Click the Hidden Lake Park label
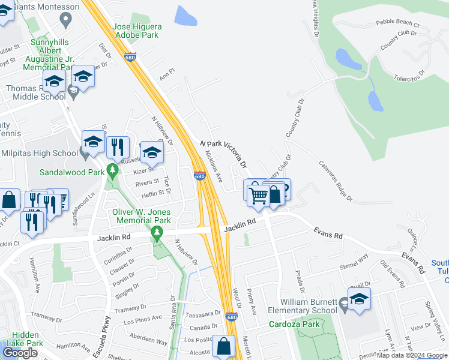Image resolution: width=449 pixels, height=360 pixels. click(25, 339)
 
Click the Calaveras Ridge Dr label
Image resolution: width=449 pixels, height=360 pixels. click(335, 179)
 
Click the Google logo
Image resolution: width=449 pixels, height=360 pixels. click(20, 353)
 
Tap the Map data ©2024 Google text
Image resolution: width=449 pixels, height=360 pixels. click(411, 355)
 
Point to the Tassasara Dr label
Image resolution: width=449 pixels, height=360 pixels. click(203, 314)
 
